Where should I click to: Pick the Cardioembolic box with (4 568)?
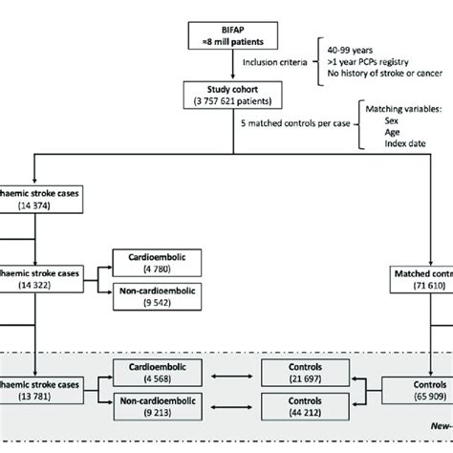point(152,374)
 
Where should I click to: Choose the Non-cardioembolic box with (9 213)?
point(152,406)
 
